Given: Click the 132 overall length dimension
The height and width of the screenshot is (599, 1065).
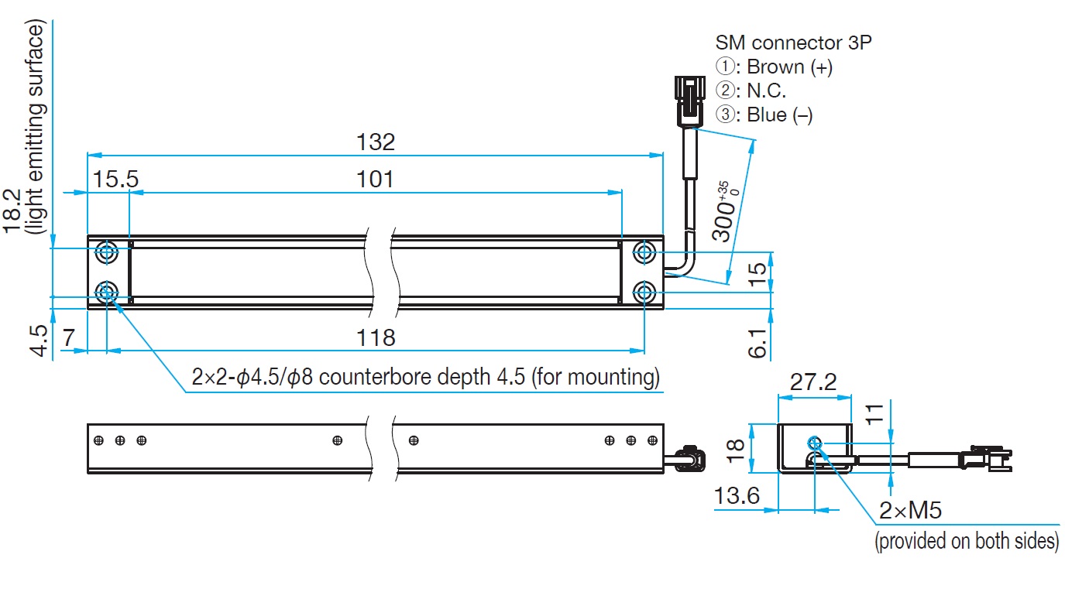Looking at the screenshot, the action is tap(376, 142).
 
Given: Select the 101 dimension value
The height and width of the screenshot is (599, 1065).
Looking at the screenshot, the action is tap(375, 180).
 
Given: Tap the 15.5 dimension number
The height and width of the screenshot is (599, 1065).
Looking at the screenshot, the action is tap(115, 180).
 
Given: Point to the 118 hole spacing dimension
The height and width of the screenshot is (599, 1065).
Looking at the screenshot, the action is tap(376, 337).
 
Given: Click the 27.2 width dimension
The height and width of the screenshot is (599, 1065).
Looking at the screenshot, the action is tap(813, 382).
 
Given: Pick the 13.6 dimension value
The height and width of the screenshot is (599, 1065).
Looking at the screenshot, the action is tap(737, 496).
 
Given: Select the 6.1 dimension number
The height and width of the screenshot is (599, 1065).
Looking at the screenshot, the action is tap(758, 343).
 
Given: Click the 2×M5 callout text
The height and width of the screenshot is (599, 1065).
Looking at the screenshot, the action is tap(910, 511).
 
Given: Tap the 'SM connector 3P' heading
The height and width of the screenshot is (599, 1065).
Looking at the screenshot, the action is tap(793, 43).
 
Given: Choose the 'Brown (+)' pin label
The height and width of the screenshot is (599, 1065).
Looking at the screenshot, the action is tap(790, 67).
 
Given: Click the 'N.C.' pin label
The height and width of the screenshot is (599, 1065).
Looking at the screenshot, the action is tap(767, 91).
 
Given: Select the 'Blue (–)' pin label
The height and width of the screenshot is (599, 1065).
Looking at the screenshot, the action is tap(780, 115).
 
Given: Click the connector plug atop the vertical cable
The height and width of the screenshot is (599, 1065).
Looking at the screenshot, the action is tap(689, 101).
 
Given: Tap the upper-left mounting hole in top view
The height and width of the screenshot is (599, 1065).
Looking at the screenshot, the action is tap(107, 252).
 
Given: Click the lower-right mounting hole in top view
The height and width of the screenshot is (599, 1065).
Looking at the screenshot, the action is tap(644, 292).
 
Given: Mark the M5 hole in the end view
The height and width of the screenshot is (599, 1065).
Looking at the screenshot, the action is tap(815, 443).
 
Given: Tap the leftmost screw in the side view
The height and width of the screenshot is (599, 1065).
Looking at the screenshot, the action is tap(99, 441).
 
